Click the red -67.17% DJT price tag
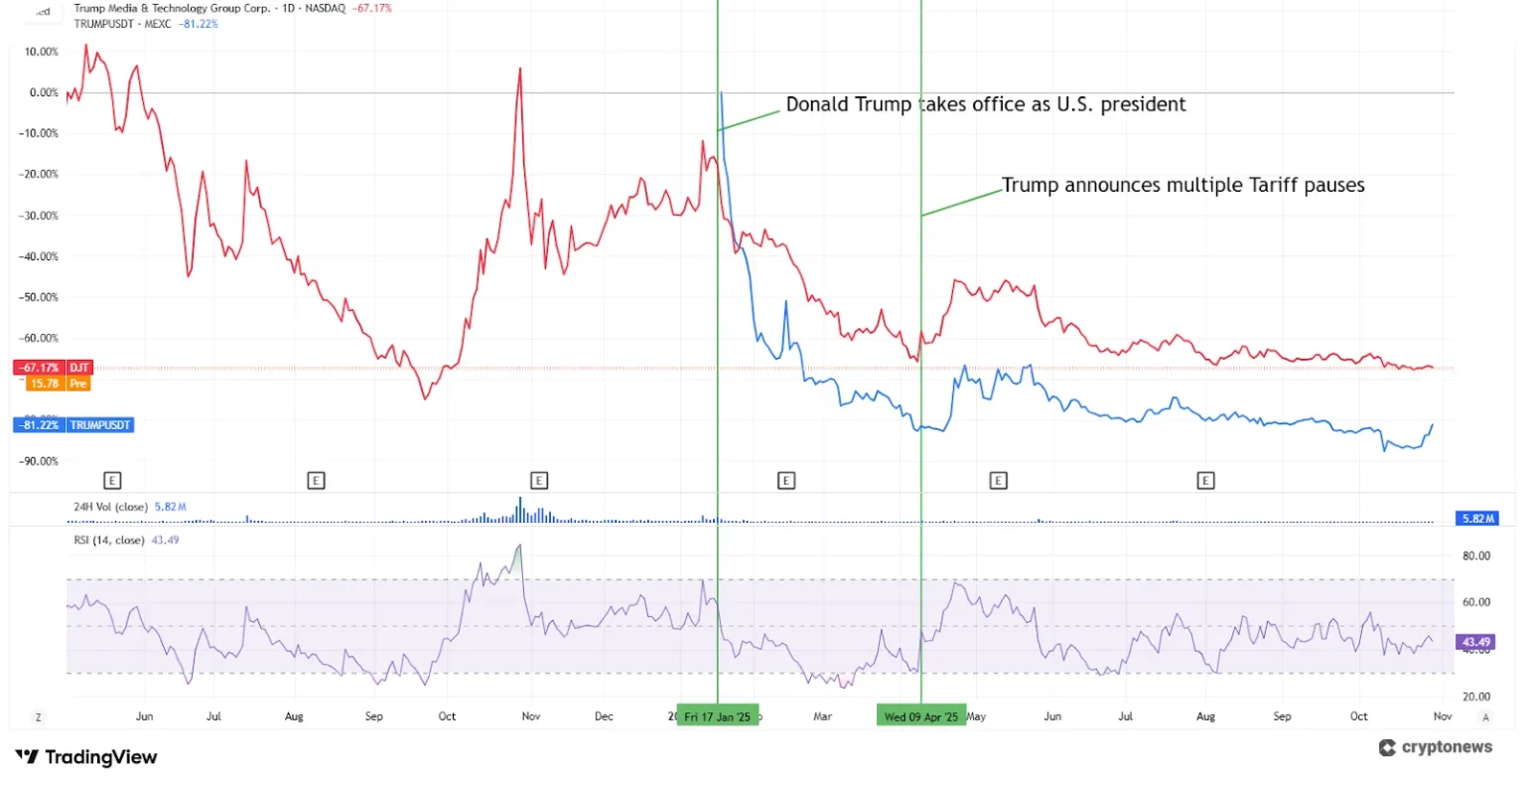tap(52, 368)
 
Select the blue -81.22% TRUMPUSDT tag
tap(71, 425)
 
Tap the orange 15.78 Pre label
tap(58, 384)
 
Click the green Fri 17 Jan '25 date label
tap(717, 716)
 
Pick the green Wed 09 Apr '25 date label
tap(921, 716)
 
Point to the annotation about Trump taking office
tap(985, 104)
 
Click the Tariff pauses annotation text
tap(1182, 186)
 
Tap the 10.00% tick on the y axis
tap(42, 52)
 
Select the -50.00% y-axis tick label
tap(40, 297)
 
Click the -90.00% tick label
tap(40, 461)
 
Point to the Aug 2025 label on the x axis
tap(1205, 716)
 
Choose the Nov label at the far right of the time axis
tap(1443, 716)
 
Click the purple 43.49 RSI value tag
tap(1475, 642)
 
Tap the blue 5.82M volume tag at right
tap(1475, 519)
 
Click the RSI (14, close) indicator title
tap(109, 541)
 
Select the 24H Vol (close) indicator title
tap(110, 507)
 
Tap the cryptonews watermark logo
tap(1436, 748)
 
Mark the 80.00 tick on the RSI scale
tap(1476, 555)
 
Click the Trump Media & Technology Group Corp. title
tap(172, 8)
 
